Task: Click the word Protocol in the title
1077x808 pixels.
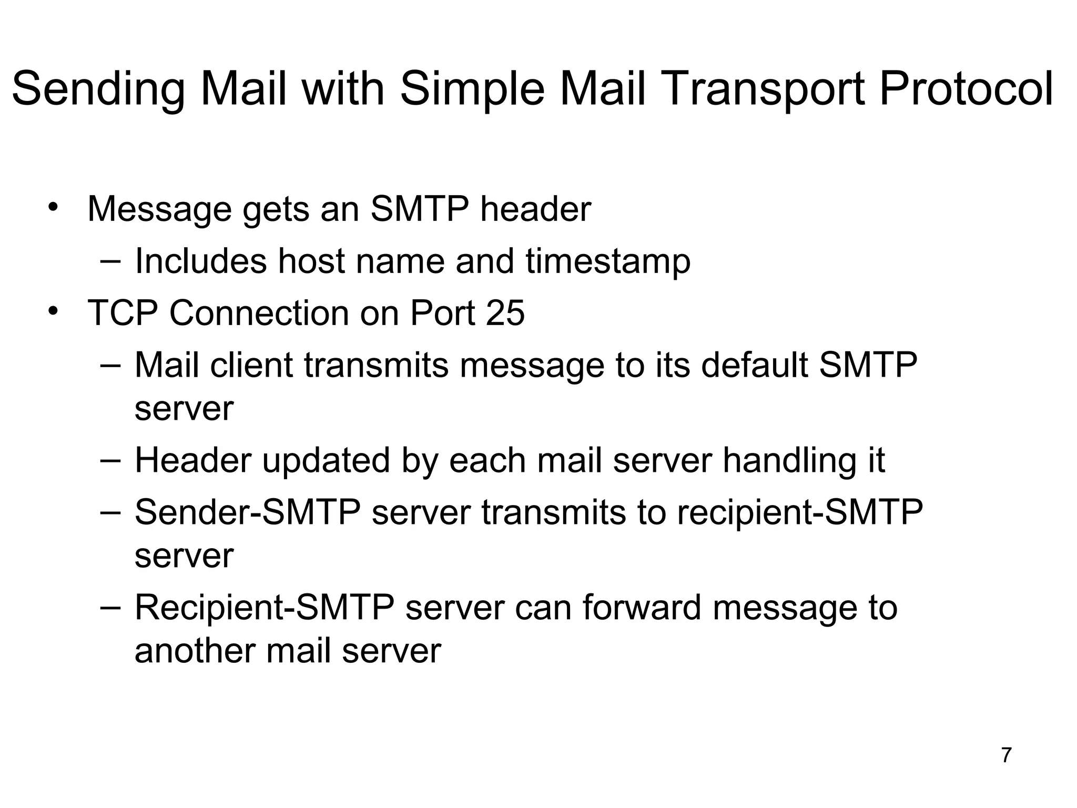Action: (966, 89)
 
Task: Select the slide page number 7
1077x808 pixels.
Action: (1007, 755)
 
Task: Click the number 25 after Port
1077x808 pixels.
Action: (505, 313)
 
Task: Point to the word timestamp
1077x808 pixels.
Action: (607, 261)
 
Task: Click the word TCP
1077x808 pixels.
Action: (123, 313)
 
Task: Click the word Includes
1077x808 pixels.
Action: (201, 261)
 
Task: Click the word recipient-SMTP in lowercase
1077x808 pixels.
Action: (799, 512)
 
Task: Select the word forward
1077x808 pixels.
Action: (642, 607)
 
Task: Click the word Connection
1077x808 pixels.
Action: (259, 313)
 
